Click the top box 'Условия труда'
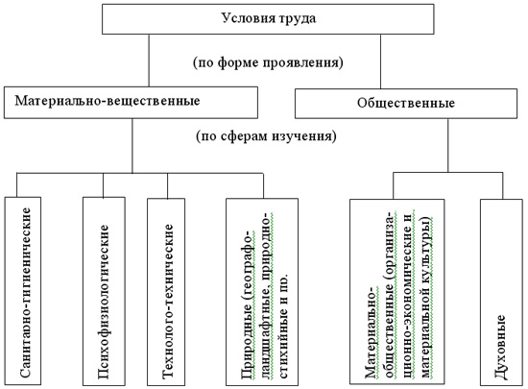[x=268, y=19]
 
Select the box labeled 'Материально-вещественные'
[x=131, y=103]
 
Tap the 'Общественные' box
[x=406, y=104]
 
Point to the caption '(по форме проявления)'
[x=268, y=62]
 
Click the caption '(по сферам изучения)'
[x=266, y=136]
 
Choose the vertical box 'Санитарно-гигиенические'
[x=23, y=291]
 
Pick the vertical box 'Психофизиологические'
[x=104, y=291]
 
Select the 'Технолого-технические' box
[x=166, y=292]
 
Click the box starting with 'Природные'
[x=262, y=292]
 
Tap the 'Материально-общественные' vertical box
[x=397, y=292]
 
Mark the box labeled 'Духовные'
[x=501, y=292]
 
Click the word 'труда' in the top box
[x=297, y=18]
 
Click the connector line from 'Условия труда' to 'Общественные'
[x=380, y=61]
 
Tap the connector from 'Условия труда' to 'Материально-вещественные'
[x=149, y=61]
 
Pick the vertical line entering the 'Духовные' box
[x=503, y=186]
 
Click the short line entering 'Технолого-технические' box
[x=168, y=185]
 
